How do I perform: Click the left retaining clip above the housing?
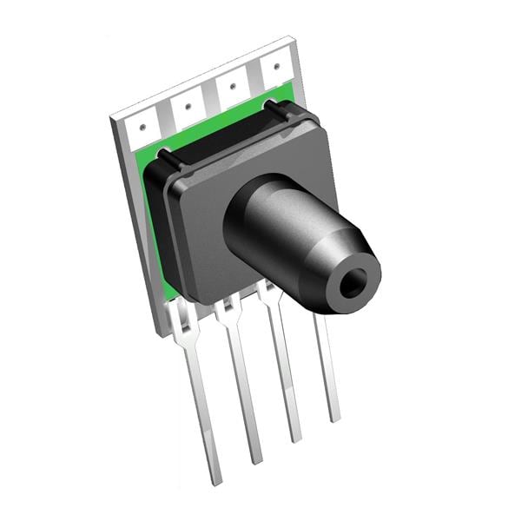pyautogui.click(x=165, y=157)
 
